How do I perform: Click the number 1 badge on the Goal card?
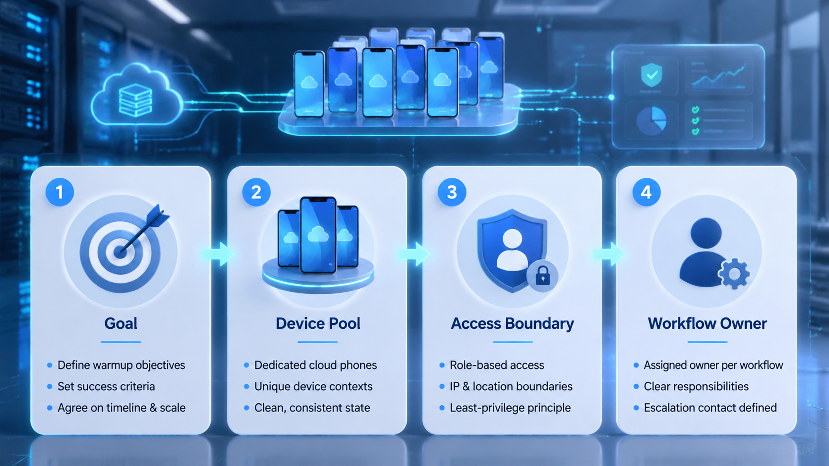click(59, 192)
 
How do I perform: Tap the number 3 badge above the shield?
click(452, 192)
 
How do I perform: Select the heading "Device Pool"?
click(318, 323)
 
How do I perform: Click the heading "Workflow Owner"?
click(707, 323)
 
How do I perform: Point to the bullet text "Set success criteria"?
click(106, 387)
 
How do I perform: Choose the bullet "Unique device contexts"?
click(313, 387)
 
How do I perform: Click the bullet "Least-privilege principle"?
click(510, 408)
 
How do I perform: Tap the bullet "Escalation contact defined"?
click(710, 408)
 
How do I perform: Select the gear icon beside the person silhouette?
click(734, 274)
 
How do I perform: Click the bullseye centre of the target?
click(120, 252)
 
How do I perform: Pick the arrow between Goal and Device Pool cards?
click(218, 254)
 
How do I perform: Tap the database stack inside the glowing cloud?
click(135, 100)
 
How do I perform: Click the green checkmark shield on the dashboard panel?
click(651, 75)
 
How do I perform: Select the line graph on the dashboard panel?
click(718, 76)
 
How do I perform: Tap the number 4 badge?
click(646, 192)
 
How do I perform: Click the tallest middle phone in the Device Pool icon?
click(318, 235)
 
